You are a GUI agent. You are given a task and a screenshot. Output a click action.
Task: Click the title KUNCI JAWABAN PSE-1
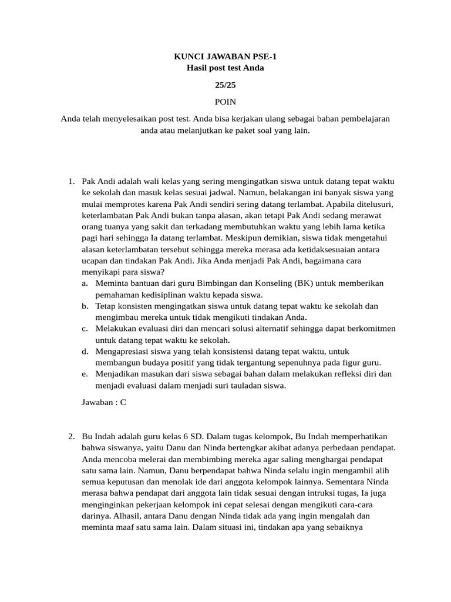click(225, 56)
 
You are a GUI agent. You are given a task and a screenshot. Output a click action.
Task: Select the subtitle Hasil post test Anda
click(225, 68)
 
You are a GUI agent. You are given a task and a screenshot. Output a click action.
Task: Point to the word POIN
click(225, 102)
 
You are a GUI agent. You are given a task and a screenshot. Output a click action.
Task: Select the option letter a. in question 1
click(85, 283)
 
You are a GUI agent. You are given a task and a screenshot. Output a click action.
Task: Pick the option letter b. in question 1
click(85, 306)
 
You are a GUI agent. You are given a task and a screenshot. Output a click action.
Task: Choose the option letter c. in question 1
click(85, 329)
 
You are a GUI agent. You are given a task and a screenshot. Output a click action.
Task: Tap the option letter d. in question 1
click(85, 351)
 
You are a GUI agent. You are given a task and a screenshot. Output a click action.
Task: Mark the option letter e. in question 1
click(85, 374)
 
